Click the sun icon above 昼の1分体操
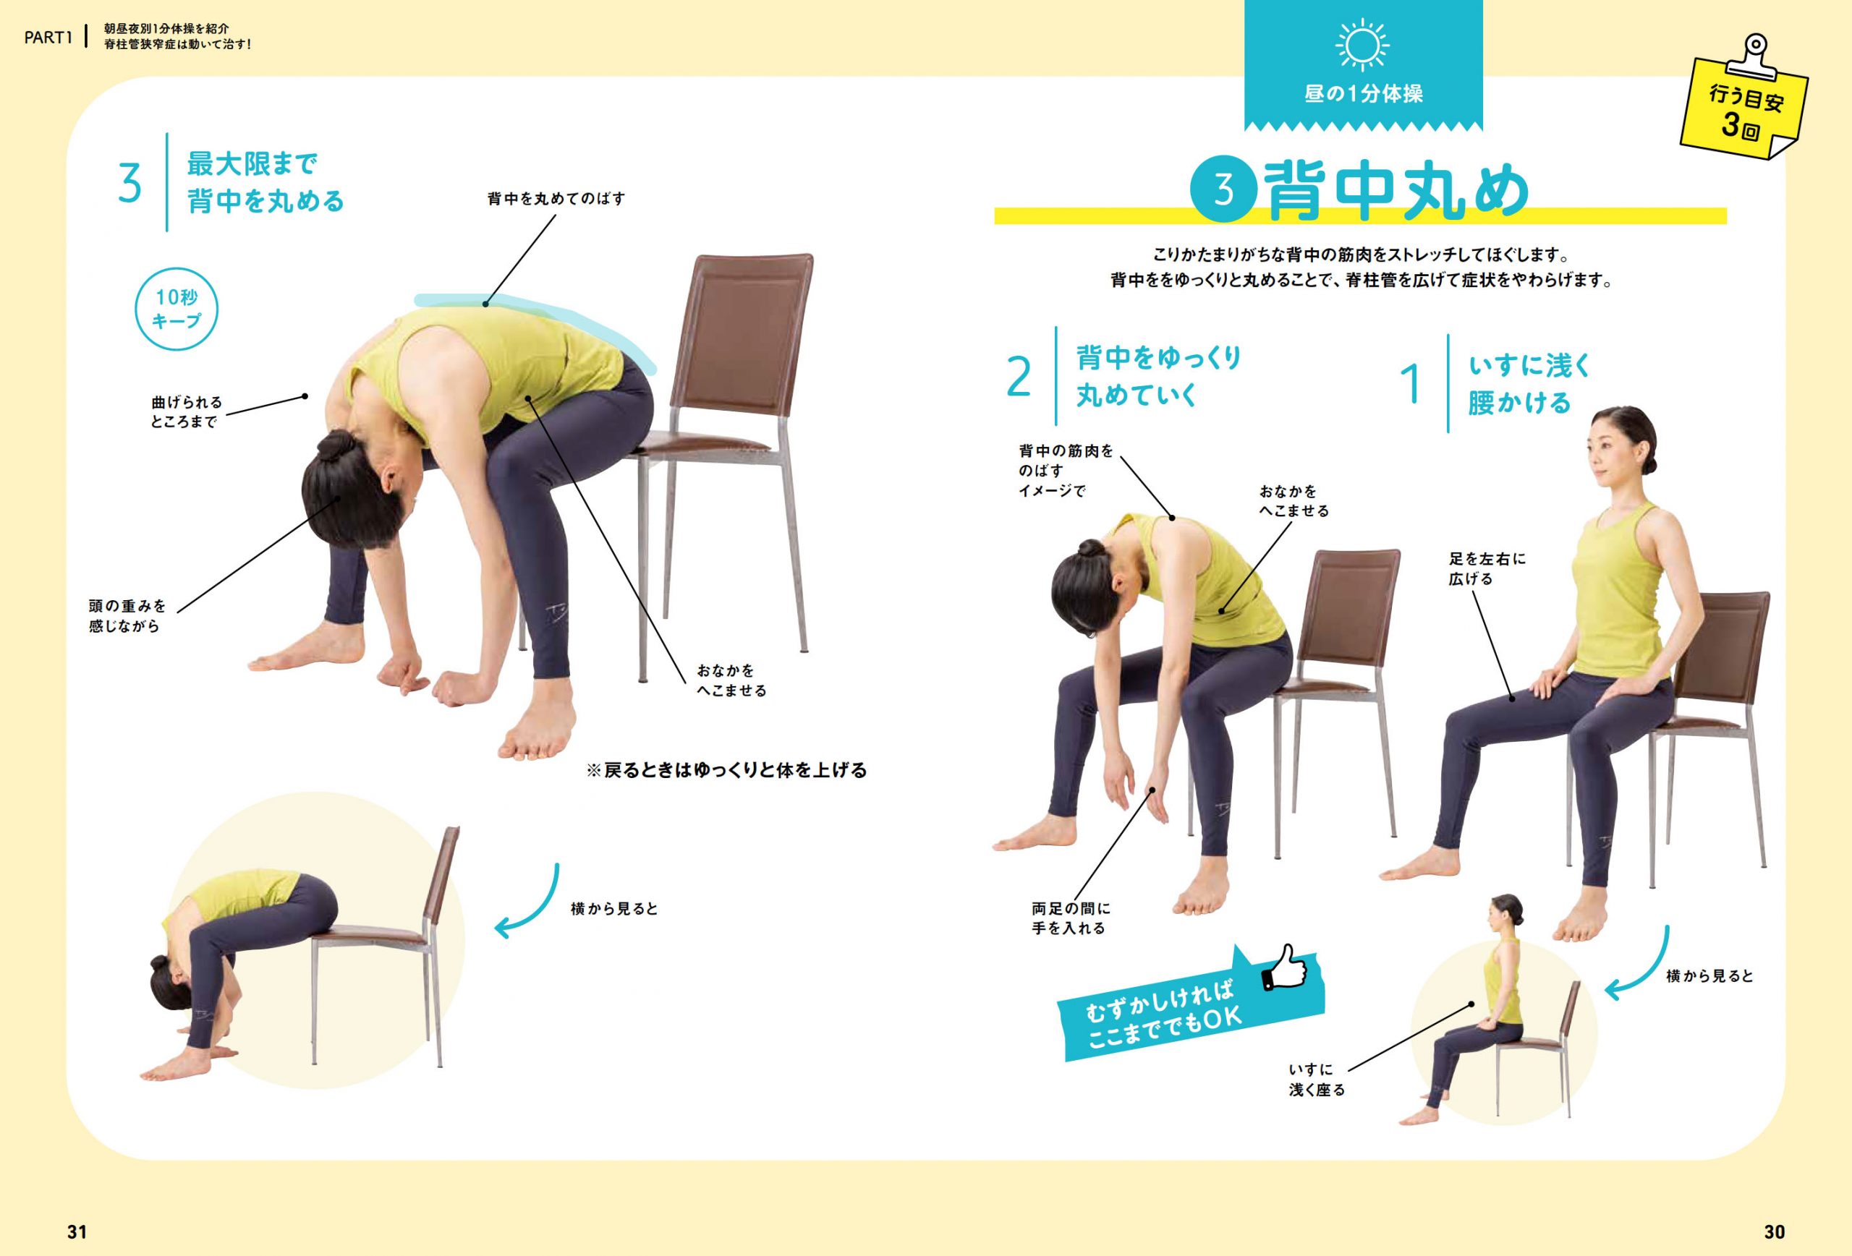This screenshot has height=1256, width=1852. click(1363, 46)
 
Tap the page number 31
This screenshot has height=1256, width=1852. click(77, 1231)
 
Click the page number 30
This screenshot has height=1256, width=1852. click(1774, 1231)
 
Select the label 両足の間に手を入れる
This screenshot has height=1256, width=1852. click(1070, 918)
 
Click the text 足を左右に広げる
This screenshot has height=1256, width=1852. click(1487, 568)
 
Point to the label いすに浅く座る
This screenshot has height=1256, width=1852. click(1317, 1079)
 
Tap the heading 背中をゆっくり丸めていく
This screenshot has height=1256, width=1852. click(1159, 376)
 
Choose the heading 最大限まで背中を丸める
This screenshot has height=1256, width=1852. click(266, 182)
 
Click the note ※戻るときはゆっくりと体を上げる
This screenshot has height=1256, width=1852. click(726, 770)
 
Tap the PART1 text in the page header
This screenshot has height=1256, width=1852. click(48, 38)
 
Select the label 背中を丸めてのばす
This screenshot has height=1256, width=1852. click(556, 198)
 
